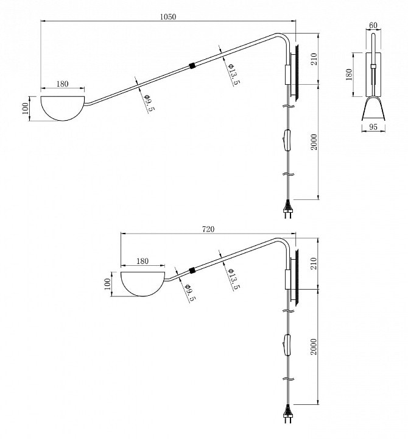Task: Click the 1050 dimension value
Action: tap(168, 17)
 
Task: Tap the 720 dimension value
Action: tap(208, 229)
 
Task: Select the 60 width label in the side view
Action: tap(373, 25)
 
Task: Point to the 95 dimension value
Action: tap(373, 127)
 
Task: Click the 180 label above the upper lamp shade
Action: tap(62, 84)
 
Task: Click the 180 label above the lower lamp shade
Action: tap(142, 261)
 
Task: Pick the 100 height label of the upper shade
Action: tap(25, 109)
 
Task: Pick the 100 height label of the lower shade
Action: tap(107, 284)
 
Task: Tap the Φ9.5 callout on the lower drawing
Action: tap(189, 293)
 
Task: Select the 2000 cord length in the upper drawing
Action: tap(314, 142)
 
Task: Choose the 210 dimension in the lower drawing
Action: tap(314, 263)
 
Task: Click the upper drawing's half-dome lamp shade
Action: tap(63, 109)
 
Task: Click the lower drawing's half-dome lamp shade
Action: tap(142, 284)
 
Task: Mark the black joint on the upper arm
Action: tap(192, 66)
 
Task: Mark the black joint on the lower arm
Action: tap(192, 271)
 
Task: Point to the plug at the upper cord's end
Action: tap(288, 209)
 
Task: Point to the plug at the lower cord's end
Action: tap(288, 415)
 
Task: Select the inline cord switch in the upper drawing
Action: tap(287, 140)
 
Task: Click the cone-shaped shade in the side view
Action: tap(373, 109)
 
